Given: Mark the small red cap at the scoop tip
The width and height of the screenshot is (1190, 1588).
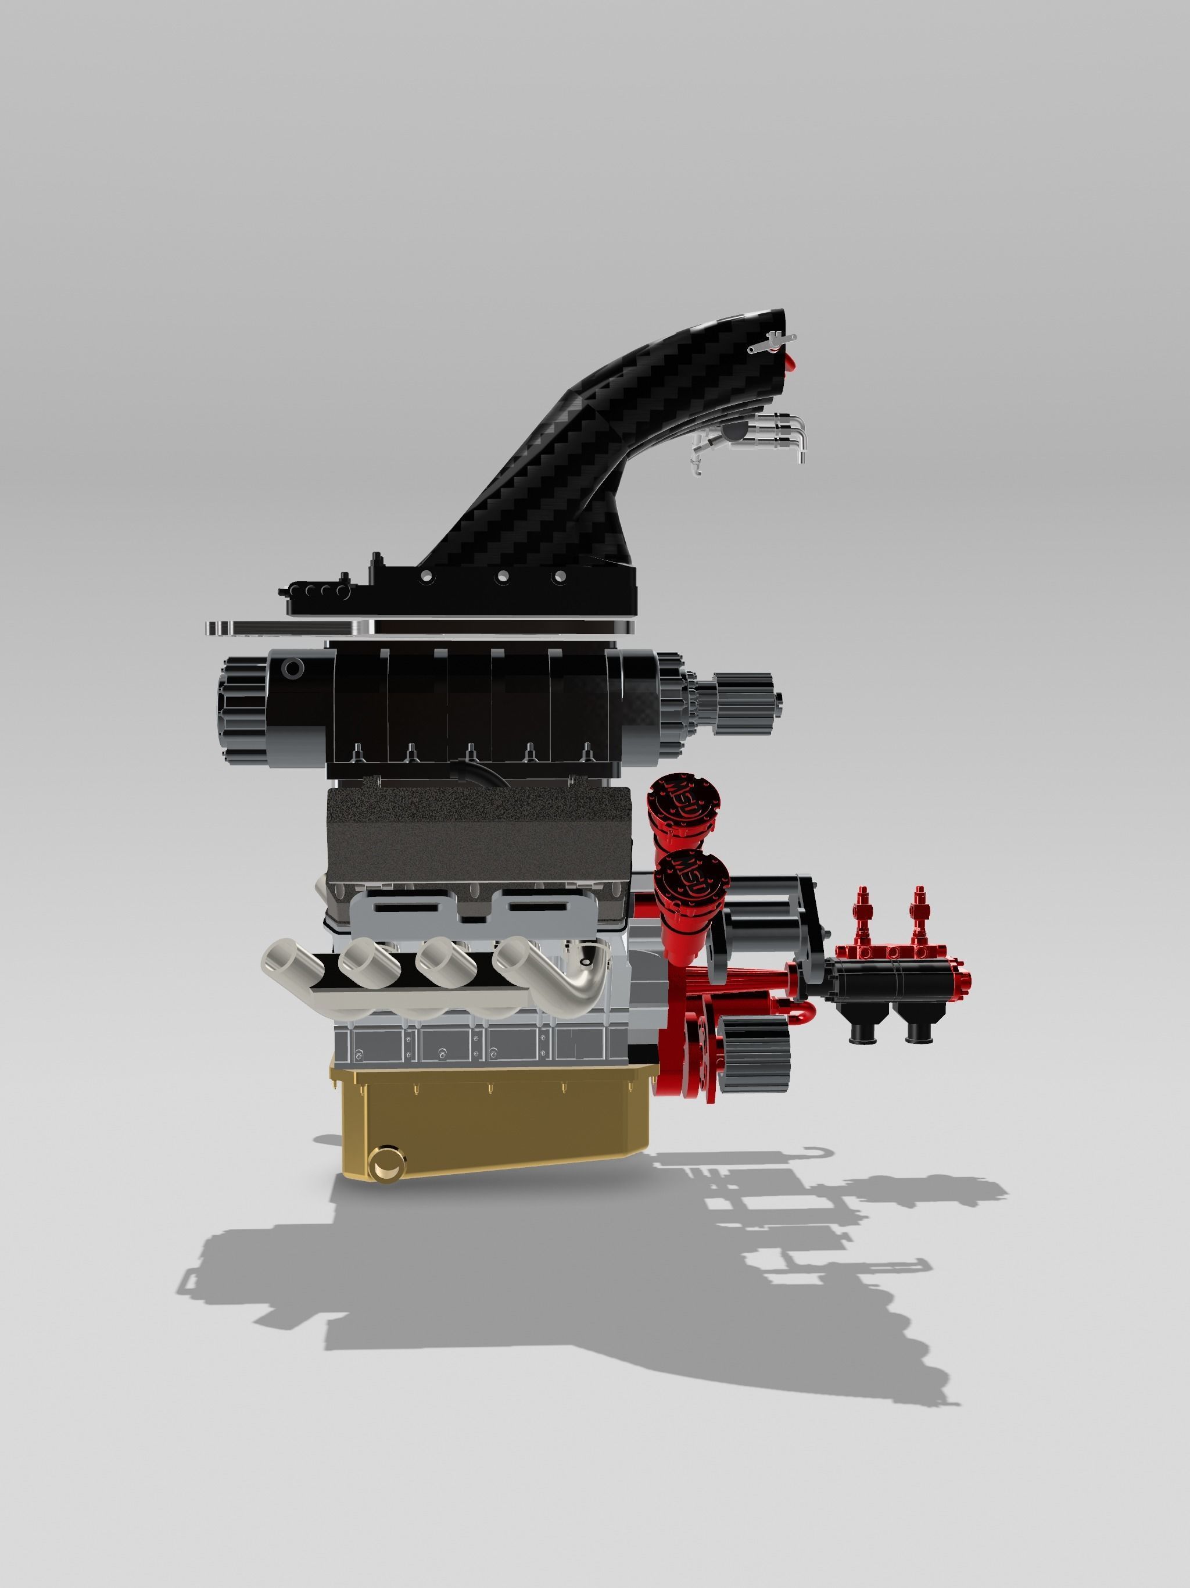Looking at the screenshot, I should (790, 362).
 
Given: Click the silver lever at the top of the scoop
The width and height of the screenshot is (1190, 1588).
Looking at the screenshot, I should (772, 342).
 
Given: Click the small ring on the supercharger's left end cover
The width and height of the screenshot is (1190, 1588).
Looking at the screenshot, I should (293, 669).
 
